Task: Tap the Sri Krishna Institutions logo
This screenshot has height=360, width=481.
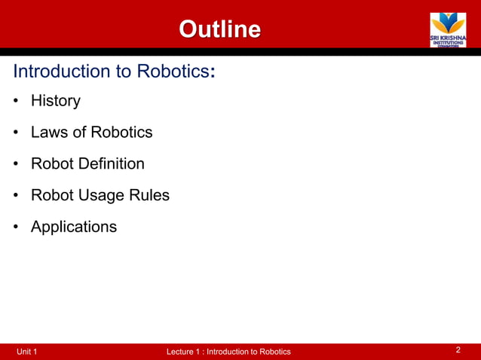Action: point(448,29)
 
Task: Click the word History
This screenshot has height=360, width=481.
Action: point(55,100)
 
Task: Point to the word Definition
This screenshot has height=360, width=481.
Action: point(111,163)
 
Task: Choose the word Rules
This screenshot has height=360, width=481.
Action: point(151,195)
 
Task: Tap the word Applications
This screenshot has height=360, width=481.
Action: point(74,227)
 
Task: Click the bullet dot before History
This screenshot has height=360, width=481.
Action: point(16,101)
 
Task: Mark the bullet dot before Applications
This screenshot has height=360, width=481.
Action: point(16,227)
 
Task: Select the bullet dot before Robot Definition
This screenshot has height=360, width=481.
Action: point(16,164)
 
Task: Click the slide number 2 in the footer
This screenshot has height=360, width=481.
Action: point(458,350)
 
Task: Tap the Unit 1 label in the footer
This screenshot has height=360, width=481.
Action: point(27,352)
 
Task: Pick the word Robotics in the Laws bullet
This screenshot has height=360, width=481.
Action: point(121,132)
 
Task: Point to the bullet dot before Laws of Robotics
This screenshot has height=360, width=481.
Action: point(16,133)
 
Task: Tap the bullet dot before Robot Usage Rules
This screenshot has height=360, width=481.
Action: point(16,196)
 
